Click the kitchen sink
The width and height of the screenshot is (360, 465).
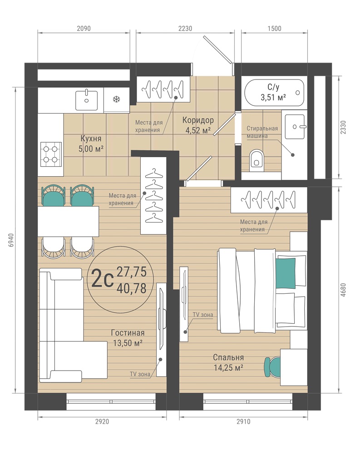(87, 100)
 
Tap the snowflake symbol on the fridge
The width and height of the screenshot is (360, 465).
(116, 99)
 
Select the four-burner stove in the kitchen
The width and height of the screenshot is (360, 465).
(51, 154)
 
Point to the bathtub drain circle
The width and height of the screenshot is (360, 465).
(298, 93)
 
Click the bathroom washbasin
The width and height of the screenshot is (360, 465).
(295, 127)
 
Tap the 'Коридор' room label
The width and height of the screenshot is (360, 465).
(198, 120)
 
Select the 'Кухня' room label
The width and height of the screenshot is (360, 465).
(91, 139)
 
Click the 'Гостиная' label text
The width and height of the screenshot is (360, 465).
(128, 333)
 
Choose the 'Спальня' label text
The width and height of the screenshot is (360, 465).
(228, 358)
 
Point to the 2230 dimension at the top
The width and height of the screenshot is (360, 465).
(185, 29)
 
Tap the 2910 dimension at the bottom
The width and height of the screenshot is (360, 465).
(243, 421)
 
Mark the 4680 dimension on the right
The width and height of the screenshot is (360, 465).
(343, 290)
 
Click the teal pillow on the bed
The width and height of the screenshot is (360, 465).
(286, 273)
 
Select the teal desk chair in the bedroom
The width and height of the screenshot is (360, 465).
(272, 366)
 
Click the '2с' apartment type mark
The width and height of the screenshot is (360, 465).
(103, 278)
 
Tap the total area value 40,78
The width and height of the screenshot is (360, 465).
(132, 288)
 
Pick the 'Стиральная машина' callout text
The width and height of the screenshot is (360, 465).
(262, 132)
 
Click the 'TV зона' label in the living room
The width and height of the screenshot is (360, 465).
(140, 374)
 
